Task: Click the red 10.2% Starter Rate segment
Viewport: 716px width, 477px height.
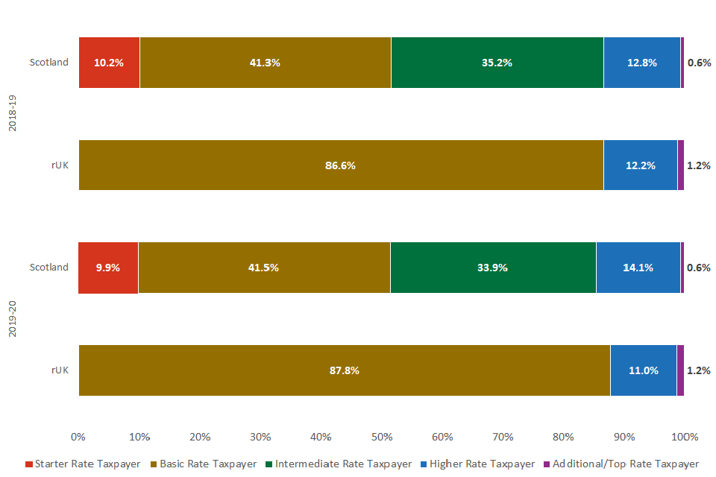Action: (109, 63)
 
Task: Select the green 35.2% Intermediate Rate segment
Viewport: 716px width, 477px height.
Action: (497, 63)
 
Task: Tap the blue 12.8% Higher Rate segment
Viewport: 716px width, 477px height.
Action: (641, 63)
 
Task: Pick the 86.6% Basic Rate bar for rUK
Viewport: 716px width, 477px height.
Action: (340, 165)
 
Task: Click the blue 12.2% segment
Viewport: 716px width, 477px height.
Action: (640, 165)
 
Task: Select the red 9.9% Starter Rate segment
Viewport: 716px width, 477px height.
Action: (108, 268)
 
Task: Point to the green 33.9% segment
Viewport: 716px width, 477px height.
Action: (492, 268)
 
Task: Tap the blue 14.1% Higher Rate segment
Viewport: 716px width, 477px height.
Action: (638, 268)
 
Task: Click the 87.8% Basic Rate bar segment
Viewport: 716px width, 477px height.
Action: (344, 370)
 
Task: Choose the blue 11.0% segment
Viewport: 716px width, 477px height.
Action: (643, 370)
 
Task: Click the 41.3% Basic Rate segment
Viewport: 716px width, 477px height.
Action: (265, 63)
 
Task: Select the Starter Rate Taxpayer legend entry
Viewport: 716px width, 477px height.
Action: (83, 464)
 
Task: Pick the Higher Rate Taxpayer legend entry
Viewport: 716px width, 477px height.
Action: (478, 464)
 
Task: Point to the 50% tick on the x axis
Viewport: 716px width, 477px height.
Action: (382, 437)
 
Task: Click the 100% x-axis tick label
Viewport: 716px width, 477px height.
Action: (685, 437)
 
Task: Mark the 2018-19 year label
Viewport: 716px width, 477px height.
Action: (12, 113)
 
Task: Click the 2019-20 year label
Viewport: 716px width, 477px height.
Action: (12, 318)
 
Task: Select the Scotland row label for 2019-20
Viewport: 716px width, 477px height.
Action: (48, 268)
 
